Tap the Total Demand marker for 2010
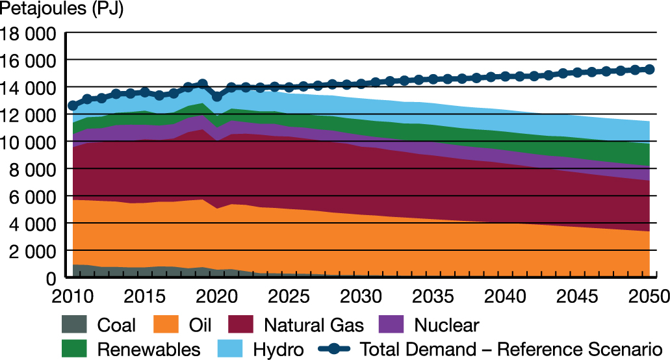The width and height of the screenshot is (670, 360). [73, 105]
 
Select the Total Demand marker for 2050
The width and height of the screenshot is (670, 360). [649, 70]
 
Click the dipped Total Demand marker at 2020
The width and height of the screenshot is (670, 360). [217, 96]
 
